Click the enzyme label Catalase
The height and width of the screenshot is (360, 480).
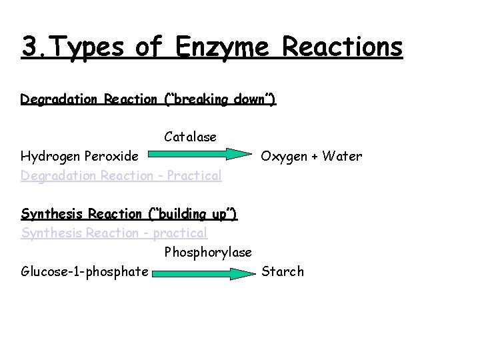click(190, 137)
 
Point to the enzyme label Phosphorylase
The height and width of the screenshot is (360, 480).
click(208, 253)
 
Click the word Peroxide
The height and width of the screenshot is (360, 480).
click(113, 157)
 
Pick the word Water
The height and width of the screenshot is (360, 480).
click(342, 157)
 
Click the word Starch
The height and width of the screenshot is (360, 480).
click(283, 272)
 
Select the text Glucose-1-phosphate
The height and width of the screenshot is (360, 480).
click(85, 272)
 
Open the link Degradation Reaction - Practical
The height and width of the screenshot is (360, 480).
click(121, 176)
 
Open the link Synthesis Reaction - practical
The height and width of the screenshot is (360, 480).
click(114, 233)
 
